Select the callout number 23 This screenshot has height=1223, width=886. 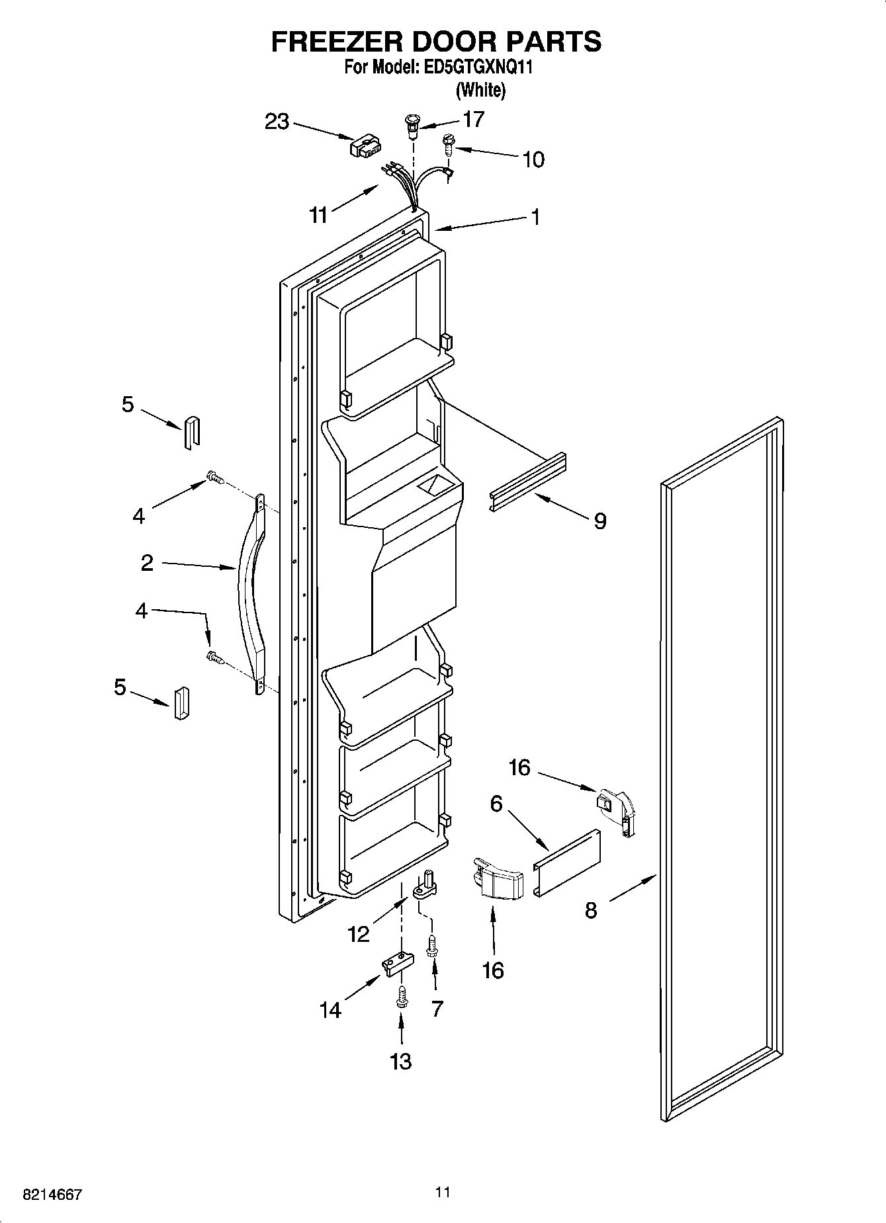[277, 122]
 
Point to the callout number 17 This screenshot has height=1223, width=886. [474, 119]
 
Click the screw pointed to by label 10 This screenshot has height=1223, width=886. [448, 144]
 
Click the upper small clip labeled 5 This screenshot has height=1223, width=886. [191, 433]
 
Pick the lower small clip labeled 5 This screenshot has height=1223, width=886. [181, 703]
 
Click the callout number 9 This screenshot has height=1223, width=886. [599, 521]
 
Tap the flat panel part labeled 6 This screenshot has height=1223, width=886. [568, 863]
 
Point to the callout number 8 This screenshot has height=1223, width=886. [591, 911]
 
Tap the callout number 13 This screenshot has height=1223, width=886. [401, 1061]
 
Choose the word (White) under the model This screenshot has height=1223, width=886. [481, 90]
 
